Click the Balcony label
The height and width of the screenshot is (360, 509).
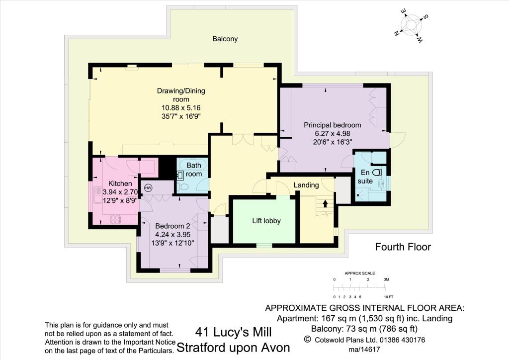[x=225, y=39]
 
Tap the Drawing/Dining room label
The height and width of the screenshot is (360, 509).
[x=181, y=95]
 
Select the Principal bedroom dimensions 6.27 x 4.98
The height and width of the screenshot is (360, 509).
[x=333, y=133]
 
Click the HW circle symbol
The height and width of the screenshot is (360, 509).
[x=148, y=187]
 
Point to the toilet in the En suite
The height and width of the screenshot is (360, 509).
[x=377, y=173]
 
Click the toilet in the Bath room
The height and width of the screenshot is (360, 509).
[x=183, y=187]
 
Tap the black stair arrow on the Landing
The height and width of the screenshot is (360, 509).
[x=325, y=203]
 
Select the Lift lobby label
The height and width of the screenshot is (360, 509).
[x=266, y=221]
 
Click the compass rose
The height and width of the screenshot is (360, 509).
[x=411, y=25]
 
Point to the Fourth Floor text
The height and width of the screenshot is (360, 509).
[x=403, y=247]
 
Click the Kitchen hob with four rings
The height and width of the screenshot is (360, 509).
[x=115, y=220]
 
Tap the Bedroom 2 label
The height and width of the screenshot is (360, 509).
[x=172, y=226]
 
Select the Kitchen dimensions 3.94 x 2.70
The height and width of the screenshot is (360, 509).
[x=120, y=192]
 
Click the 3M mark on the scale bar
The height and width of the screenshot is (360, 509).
[x=386, y=279]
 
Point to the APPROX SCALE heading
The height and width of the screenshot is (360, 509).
[x=360, y=273]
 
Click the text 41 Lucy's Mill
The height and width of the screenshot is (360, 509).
[x=233, y=332]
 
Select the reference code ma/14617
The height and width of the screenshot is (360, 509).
[x=364, y=350]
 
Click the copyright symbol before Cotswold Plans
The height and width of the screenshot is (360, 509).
[x=307, y=340]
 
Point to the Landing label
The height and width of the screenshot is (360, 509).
[x=306, y=185]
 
